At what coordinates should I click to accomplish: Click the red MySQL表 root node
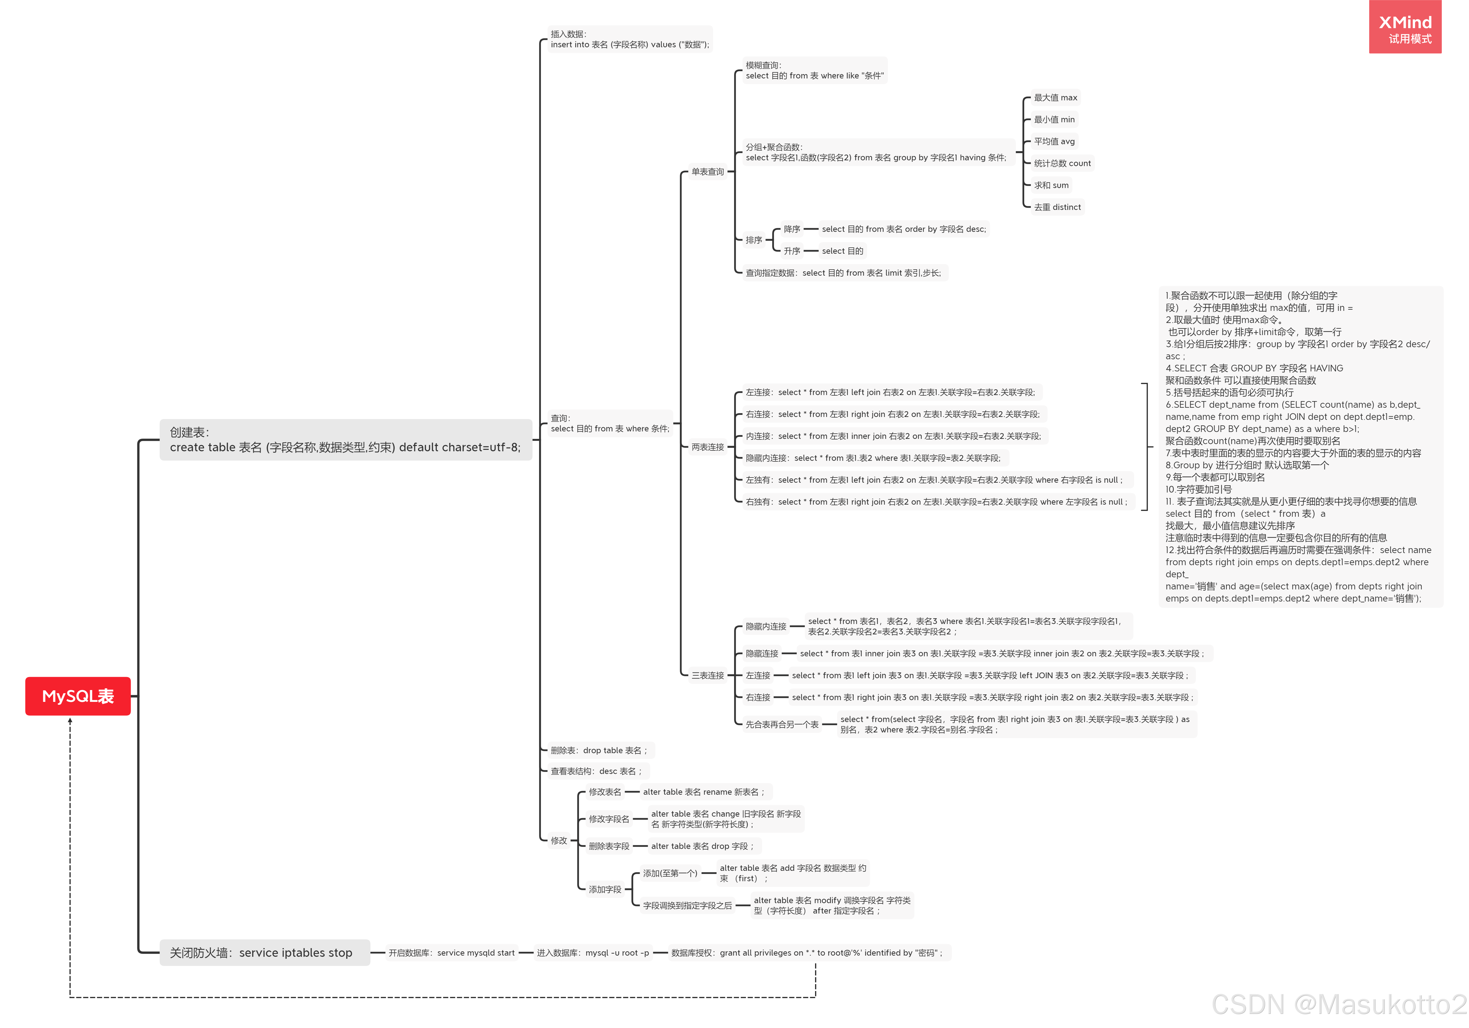click(77, 696)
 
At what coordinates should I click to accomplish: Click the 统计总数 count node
click(1062, 163)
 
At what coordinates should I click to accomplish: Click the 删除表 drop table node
click(599, 750)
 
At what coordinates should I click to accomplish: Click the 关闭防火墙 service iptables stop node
click(261, 952)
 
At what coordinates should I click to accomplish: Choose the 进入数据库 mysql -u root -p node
click(592, 952)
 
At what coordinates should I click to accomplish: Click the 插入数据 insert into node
click(630, 39)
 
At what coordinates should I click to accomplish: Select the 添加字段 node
click(605, 889)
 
